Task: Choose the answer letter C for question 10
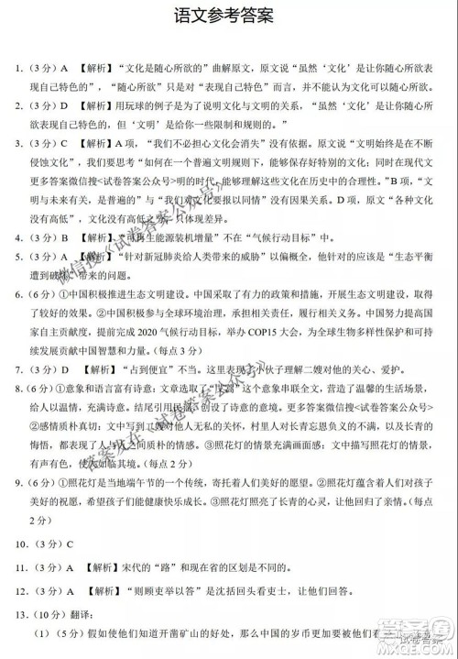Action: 67,563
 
